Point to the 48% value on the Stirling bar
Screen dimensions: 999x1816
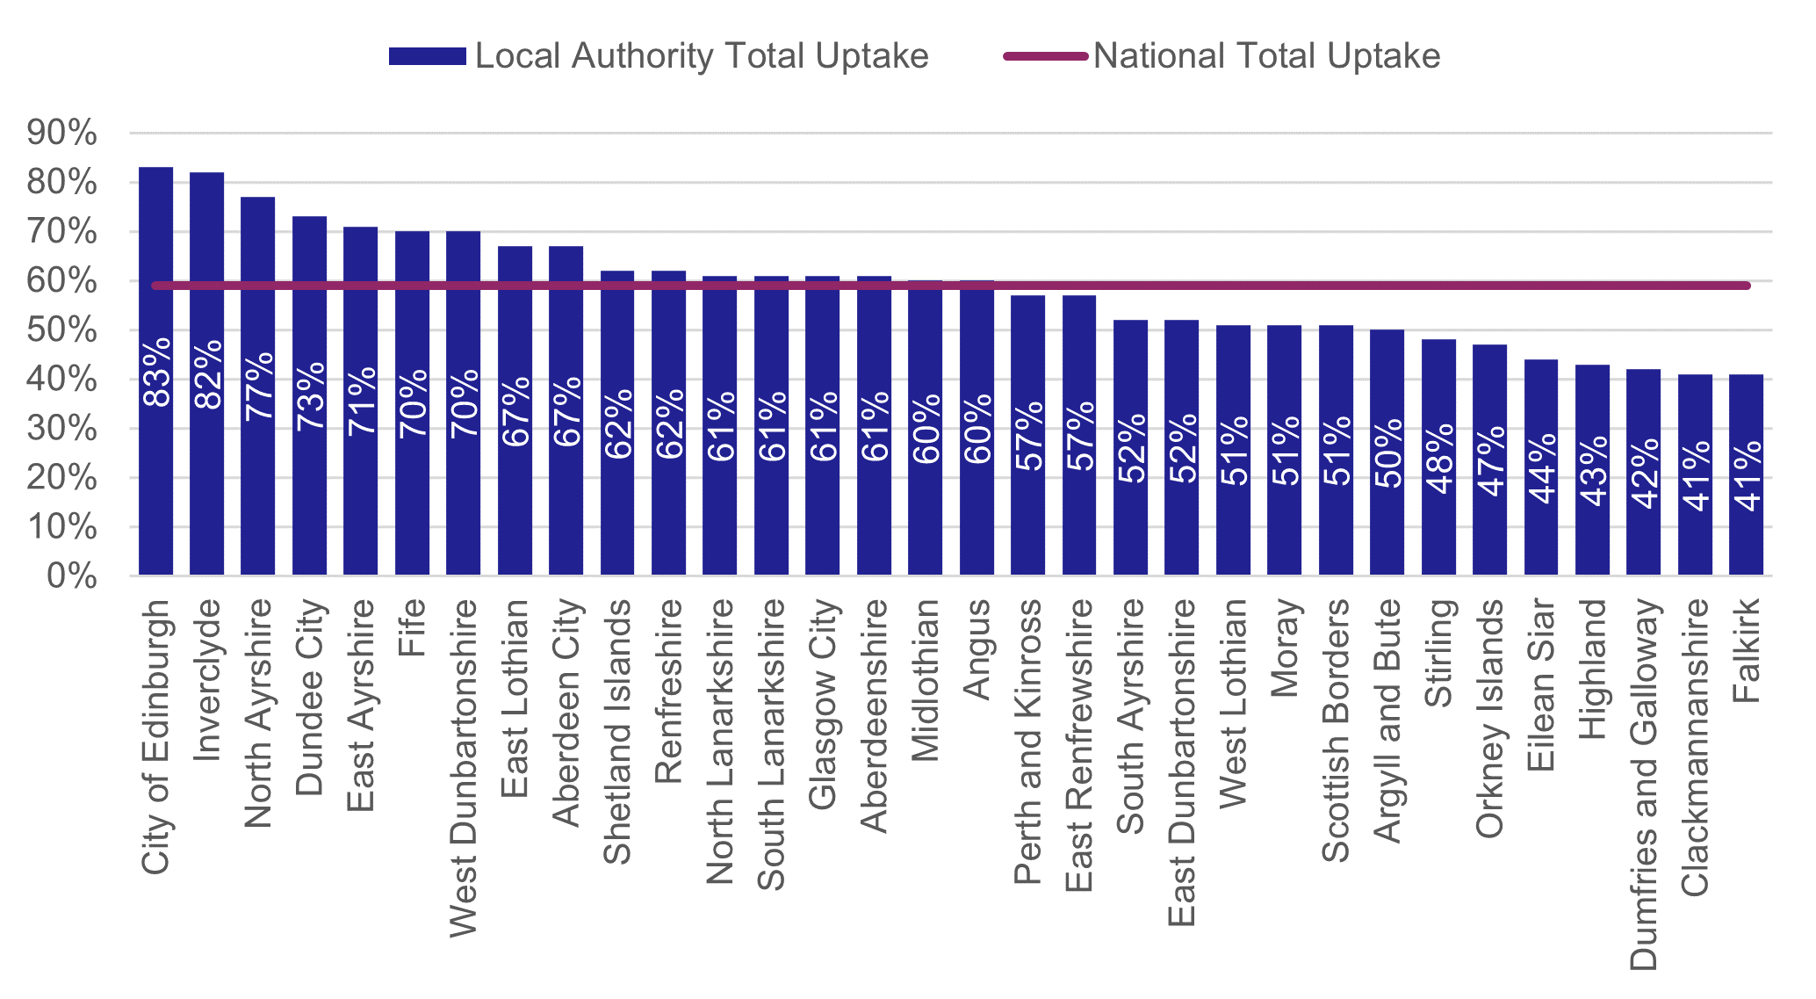(x=1438, y=458)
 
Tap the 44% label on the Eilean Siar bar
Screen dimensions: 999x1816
(x=1541, y=467)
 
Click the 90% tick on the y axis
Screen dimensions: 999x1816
(x=61, y=134)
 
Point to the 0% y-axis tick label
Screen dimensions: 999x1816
(x=71, y=576)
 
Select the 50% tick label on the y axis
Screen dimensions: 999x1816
(x=61, y=330)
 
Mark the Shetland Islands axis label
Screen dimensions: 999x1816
(x=617, y=731)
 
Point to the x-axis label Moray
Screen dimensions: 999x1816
(x=1285, y=648)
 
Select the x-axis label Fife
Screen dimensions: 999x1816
(x=412, y=627)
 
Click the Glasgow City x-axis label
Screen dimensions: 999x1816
(x=823, y=704)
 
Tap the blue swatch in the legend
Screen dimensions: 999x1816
(x=427, y=56)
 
